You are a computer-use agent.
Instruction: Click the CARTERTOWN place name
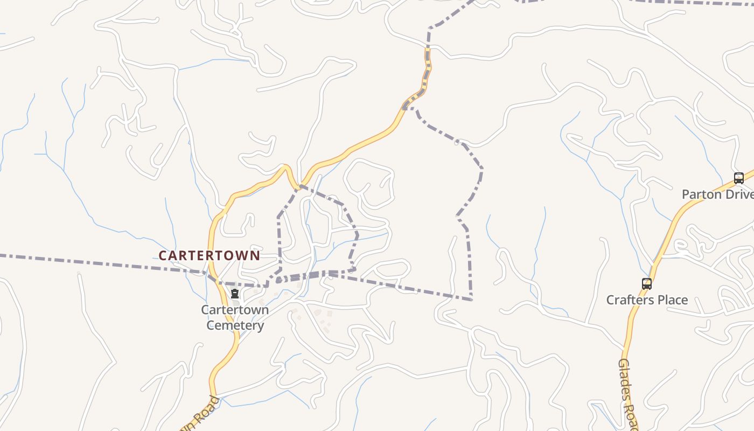[x=209, y=255]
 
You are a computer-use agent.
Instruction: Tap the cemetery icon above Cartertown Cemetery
[x=235, y=294]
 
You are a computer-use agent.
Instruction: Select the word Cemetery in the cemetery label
[x=235, y=325]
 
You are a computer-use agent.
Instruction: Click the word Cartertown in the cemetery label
[x=235, y=310]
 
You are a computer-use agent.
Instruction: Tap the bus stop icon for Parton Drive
[x=738, y=178]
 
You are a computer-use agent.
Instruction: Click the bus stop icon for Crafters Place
[x=646, y=283]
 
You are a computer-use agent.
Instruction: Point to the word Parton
[x=701, y=194]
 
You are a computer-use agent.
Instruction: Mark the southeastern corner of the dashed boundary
[x=471, y=299]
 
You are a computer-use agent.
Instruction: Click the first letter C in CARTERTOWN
[x=162, y=255]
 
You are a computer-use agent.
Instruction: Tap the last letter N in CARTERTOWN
[x=255, y=255]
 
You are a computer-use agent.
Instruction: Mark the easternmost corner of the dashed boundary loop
[x=481, y=169]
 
